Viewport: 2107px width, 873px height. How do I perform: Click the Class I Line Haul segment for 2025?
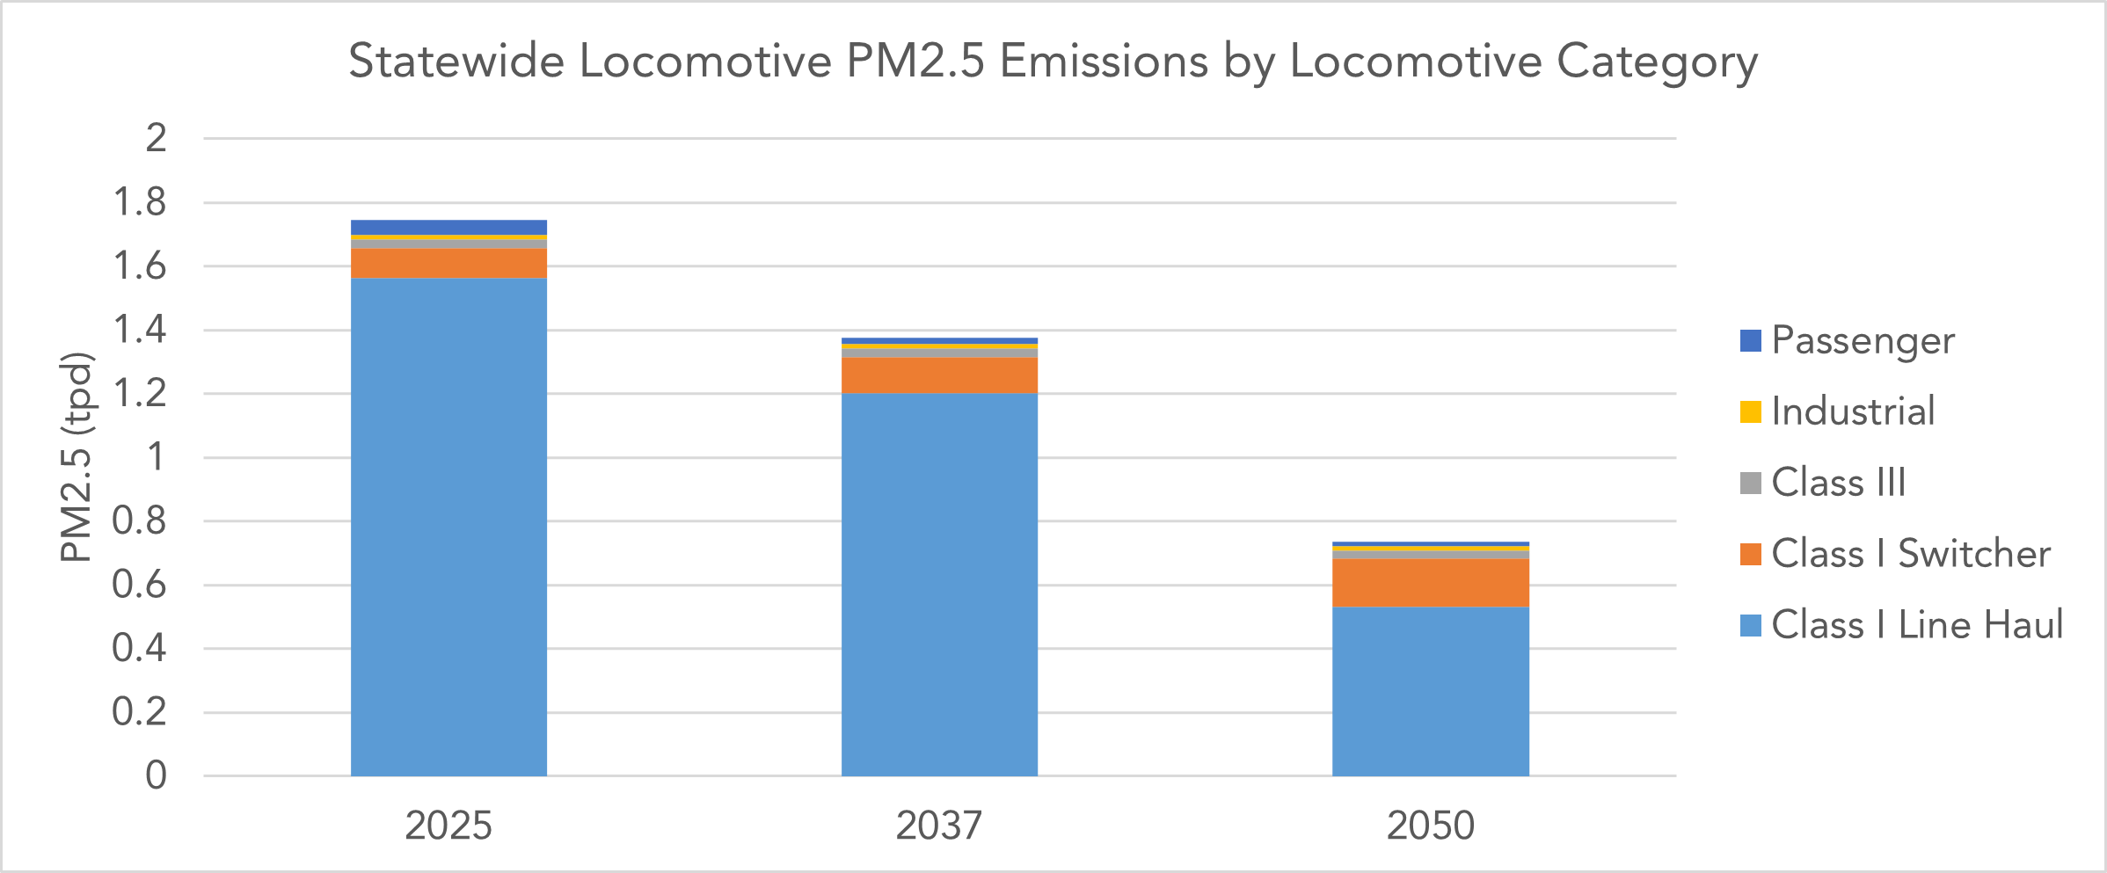448,527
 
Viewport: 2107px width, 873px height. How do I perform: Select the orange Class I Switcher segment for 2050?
1430,583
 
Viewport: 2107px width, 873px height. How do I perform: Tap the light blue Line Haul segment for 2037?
939,585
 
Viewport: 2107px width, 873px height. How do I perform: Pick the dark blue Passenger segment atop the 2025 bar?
448,227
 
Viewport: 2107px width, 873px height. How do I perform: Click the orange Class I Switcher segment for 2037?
939,375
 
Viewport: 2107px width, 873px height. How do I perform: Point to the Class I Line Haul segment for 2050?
1430,691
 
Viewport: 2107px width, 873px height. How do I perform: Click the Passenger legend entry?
1862,340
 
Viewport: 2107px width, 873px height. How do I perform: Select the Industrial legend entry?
1852,411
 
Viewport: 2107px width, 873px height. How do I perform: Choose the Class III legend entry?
1838,483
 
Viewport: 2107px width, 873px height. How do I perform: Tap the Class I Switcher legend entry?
1910,554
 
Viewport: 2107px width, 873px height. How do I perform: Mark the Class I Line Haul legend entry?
1916,625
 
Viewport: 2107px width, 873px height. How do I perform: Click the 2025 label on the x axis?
448,826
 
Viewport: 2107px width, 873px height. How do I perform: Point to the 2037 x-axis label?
939,826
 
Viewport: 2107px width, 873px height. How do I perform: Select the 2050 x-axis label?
1430,826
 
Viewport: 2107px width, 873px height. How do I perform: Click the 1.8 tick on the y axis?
140,202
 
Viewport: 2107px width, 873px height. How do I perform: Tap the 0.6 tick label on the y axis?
140,585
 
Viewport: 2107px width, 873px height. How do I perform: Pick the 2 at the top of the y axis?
156,138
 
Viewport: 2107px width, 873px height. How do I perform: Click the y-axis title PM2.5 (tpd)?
77,457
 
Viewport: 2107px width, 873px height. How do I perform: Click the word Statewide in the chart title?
456,62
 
